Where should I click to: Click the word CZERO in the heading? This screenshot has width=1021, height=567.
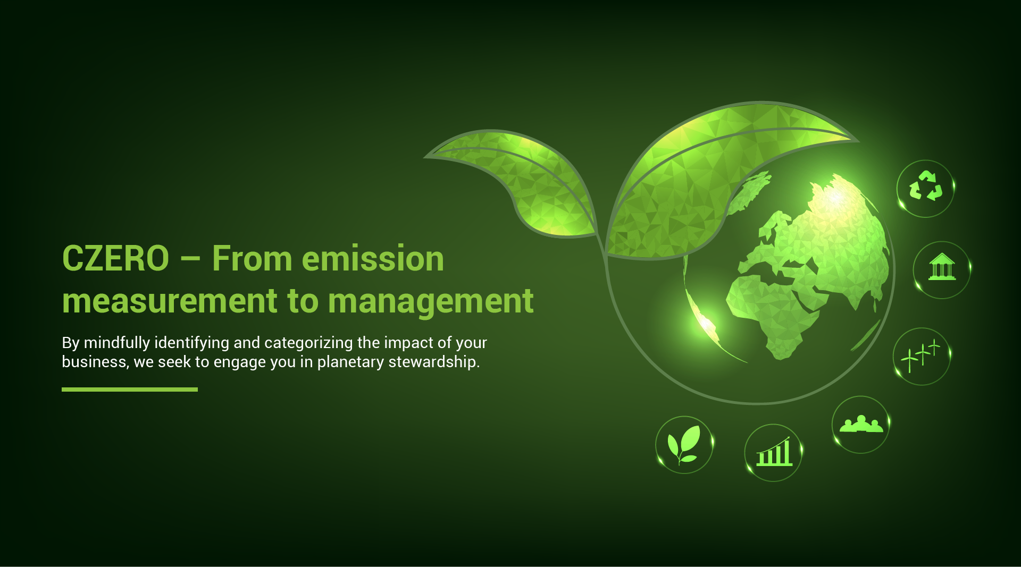point(115,259)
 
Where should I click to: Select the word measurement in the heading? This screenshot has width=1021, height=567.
point(170,301)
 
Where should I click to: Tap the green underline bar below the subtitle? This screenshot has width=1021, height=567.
point(130,390)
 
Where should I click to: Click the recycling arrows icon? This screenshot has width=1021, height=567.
point(925,186)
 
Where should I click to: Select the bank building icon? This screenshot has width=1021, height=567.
point(942,267)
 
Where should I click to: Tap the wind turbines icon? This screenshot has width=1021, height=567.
point(921,356)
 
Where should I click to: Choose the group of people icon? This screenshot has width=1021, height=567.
point(861,424)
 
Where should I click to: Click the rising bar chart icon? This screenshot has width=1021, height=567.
point(774,452)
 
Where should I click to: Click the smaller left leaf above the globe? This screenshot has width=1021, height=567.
point(518,181)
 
